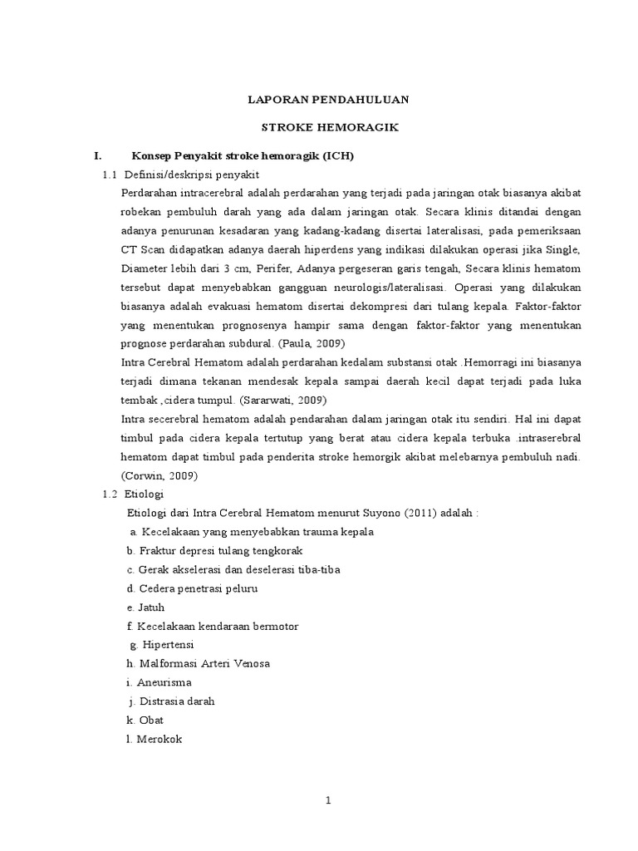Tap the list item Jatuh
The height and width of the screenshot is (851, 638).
(x=152, y=607)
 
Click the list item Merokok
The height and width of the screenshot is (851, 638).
(x=158, y=737)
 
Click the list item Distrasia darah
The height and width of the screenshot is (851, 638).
(x=177, y=701)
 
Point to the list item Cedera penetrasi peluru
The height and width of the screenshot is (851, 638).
(x=199, y=588)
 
